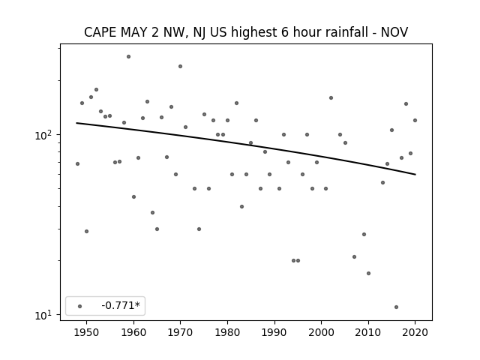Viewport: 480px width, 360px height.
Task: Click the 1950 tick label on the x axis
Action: click(x=87, y=332)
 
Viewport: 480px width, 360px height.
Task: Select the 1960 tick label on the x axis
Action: click(x=133, y=332)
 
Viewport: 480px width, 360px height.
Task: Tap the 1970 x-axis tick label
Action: click(x=181, y=332)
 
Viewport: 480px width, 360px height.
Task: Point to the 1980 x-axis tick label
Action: click(x=227, y=332)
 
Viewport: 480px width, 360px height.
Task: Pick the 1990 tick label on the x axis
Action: click(x=274, y=332)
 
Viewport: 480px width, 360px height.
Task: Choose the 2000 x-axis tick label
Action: click(x=322, y=332)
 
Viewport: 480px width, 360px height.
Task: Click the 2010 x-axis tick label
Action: click(x=368, y=332)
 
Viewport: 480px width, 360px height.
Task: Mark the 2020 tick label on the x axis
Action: click(x=415, y=332)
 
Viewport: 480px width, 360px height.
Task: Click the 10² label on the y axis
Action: click(x=44, y=135)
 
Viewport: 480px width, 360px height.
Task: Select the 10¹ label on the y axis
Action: click(x=44, y=315)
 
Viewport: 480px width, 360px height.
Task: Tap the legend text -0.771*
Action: click(x=121, y=305)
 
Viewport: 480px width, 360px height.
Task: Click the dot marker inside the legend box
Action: click(x=80, y=306)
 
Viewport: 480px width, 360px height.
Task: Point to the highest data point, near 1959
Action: click(x=128, y=57)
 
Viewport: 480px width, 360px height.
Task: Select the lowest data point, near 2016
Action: click(x=397, y=307)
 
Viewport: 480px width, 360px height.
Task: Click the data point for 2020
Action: click(x=415, y=120)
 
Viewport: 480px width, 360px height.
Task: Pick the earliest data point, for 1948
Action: click(x=77, y=163)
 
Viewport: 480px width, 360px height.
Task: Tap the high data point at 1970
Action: click(x=180, y=67)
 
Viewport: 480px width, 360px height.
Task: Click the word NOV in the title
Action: click(x=394, y=32)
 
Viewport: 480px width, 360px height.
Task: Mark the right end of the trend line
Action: click(x=415, y=175)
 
